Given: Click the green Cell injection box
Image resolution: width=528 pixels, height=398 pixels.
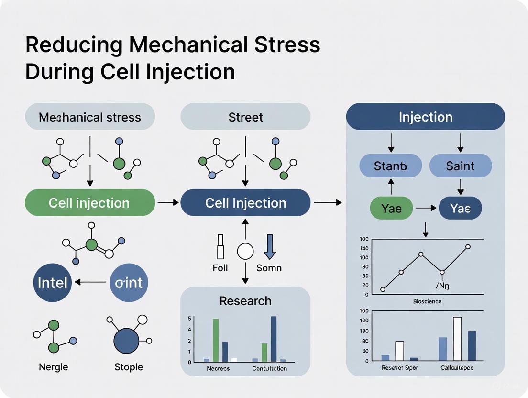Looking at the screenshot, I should coord(89,203).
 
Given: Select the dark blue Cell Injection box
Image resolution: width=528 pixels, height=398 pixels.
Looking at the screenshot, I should coord(245,203).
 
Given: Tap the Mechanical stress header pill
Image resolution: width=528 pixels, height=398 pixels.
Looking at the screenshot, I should coord(89,117).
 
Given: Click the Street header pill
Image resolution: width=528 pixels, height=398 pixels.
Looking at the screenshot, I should coord(245,117).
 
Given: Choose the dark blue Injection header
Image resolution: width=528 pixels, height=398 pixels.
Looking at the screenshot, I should coord(425,117).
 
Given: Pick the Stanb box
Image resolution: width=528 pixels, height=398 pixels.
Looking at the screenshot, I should coord(390,166).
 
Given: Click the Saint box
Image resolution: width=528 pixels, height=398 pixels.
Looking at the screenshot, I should coord(460,166).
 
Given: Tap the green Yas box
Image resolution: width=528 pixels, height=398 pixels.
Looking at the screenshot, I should coord(391,209).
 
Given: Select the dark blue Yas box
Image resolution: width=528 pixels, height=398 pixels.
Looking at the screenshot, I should coord(460,209).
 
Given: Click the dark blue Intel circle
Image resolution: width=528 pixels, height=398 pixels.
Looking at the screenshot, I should coord(53,282).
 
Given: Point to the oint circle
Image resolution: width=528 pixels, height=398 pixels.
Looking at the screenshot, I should coord(129,282).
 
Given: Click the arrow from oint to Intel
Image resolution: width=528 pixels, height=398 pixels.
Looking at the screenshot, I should coord(90,282).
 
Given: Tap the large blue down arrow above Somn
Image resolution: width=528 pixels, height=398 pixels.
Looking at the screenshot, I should coord(269,246).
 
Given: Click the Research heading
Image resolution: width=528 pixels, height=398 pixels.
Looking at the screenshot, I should coord(245,301).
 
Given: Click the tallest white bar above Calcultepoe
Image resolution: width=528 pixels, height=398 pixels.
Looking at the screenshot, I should coord(457,338).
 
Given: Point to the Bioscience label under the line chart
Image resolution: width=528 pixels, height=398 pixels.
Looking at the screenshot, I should coord(427,301).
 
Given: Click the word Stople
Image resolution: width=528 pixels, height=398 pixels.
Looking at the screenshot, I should coord(129,367).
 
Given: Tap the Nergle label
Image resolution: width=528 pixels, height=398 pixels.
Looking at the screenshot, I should coord(53,367).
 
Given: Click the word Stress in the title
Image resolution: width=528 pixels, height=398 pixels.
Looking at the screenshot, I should coord(287,44).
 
